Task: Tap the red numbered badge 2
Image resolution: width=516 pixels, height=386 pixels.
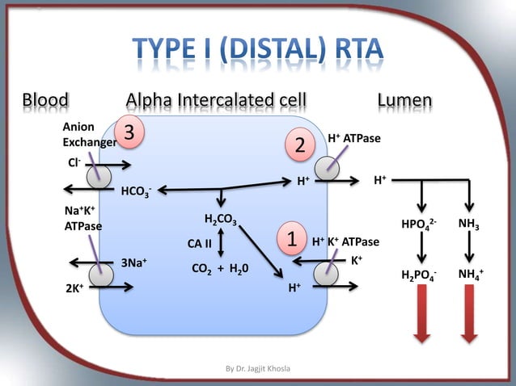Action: (299, 147)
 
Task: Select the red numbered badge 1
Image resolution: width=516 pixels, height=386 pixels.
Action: (290, 238)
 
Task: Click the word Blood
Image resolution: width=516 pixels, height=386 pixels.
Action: (45, 101)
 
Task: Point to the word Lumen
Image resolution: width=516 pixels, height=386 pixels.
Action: (404, 101)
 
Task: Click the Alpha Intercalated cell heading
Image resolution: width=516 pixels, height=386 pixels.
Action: (216, 101)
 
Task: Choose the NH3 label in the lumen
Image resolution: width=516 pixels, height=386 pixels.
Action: (468, 224)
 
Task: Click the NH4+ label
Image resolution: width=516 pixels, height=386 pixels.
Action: (470, 275)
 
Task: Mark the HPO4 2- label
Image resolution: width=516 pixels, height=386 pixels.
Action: (420, 224)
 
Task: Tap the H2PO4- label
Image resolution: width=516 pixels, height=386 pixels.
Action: (420, 276)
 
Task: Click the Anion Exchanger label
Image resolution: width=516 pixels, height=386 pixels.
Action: (84, 135)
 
